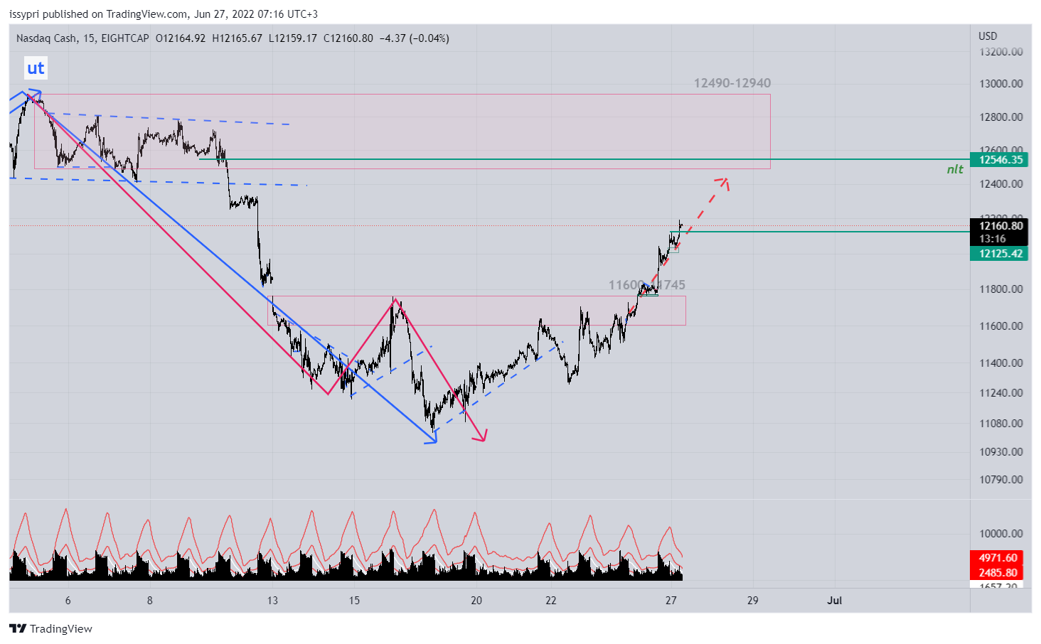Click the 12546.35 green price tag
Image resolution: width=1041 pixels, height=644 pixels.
tap(999, 160)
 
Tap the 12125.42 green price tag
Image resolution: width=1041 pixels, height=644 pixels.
tap(999, 254)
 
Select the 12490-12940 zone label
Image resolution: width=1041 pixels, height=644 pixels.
tap(732, 83)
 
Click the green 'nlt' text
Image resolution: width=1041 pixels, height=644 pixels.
tap(955, 169)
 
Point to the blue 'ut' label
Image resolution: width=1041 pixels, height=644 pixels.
tap(36, 68)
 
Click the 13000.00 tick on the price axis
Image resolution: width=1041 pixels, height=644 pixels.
tap(1000, 84)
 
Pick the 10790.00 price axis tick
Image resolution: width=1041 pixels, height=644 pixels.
tap(1000, 480)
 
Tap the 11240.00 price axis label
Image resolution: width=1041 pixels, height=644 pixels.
tap(1000, 393)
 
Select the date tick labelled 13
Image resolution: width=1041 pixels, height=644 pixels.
tap(272, 601)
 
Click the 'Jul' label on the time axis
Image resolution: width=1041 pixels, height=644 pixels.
tap(834, 601)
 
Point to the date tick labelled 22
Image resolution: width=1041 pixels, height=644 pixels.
tap(551, 601)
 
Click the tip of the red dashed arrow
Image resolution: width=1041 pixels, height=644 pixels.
tap(726, 179)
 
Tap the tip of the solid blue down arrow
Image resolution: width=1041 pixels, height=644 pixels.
tap(435, 442)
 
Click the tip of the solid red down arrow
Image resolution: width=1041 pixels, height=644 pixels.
tap(484, 441)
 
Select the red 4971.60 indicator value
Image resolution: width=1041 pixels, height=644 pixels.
tap(998, 558)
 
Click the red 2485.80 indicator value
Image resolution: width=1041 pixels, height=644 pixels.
tap(998, 573)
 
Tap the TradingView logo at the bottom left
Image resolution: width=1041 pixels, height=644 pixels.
tap(51, 629)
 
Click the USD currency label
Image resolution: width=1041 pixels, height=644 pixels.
tap(988, 36)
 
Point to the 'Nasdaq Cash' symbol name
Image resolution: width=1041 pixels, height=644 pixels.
tap(46, 38)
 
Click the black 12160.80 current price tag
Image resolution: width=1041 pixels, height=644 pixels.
tap(999, 226)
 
